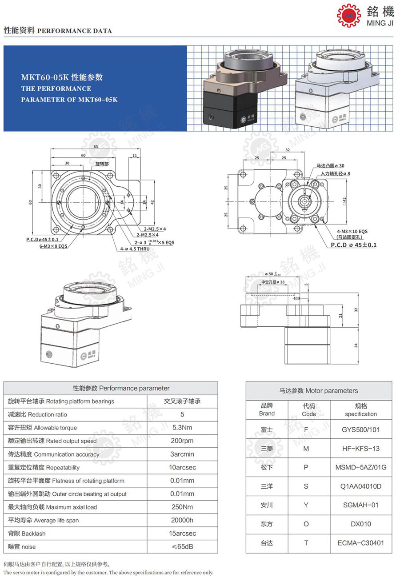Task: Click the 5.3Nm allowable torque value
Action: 182,428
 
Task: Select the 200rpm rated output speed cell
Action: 182,441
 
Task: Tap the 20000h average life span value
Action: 182,520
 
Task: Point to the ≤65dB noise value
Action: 182,546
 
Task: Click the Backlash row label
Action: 27,534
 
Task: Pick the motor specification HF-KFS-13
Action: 361,449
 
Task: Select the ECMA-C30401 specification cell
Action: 361,543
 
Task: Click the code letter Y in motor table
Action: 306,505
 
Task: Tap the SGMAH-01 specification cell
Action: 361,505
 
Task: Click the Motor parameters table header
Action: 319,391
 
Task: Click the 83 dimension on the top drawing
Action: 96,147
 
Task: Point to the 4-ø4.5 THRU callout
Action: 135,249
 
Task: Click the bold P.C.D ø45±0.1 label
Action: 354,245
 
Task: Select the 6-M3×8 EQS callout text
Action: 52,246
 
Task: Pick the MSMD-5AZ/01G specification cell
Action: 361,467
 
